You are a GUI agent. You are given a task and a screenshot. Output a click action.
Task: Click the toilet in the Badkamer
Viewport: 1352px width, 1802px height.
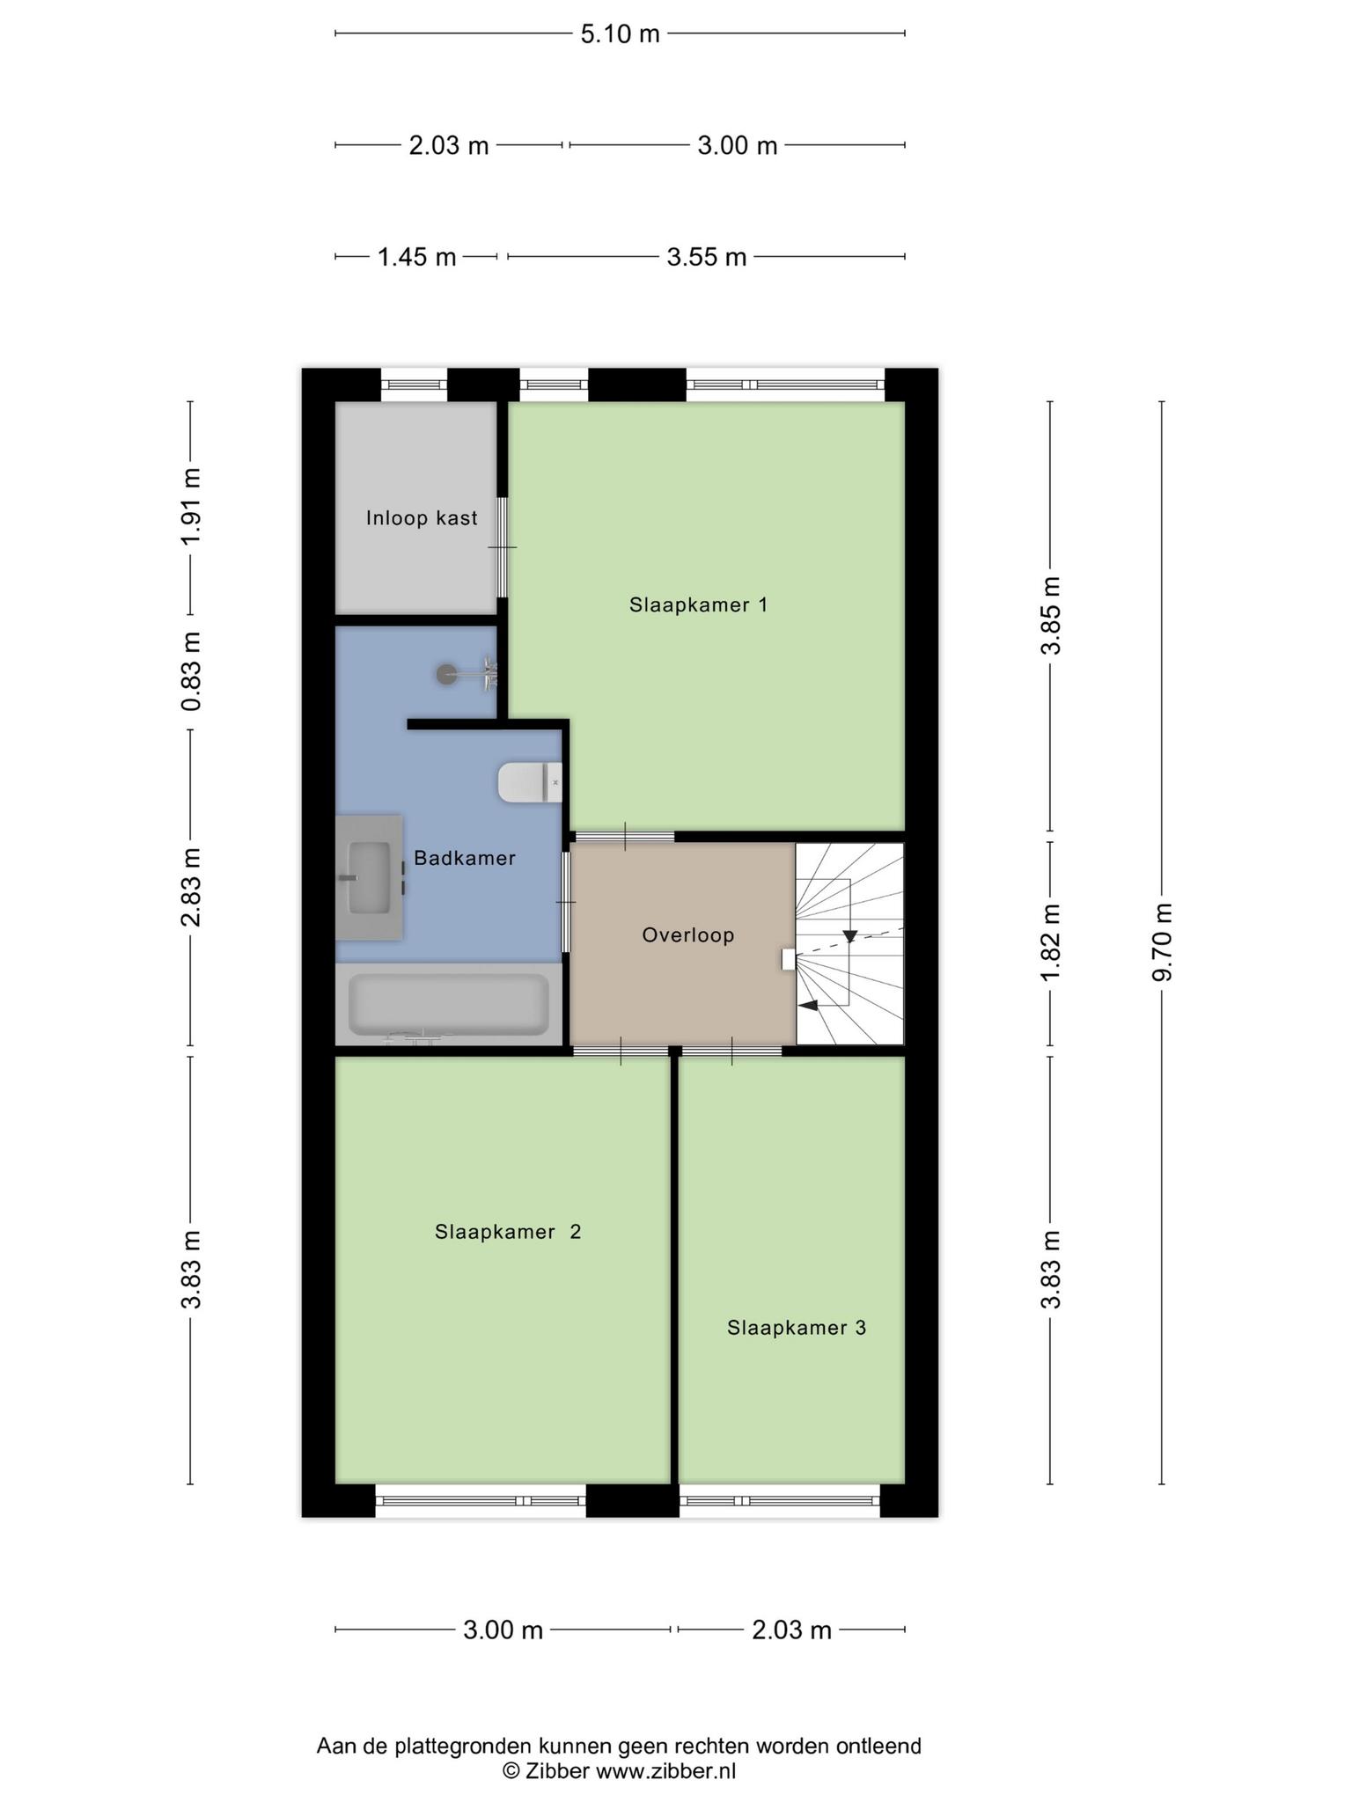[x=530, y=782]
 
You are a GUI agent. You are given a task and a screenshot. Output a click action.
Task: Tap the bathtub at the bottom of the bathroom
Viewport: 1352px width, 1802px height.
[x=449, y=1005]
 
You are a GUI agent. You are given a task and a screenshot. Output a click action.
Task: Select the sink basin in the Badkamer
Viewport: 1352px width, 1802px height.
[x=370, y=877]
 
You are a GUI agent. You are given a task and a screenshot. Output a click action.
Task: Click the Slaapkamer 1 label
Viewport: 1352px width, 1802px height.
[x=699, y=604]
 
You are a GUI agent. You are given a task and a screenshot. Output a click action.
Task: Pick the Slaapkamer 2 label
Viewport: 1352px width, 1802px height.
[x=508, y=1232]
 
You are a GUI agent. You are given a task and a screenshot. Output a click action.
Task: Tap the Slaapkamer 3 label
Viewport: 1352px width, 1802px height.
[x=797, y=1328]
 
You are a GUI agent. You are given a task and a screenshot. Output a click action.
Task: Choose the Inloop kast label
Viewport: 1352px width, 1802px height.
[x=422, y=518]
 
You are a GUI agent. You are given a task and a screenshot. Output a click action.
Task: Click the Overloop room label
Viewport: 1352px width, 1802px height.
[x=688, y=934]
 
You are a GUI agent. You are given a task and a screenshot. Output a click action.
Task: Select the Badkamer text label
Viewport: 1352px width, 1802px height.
[x=465, y=858]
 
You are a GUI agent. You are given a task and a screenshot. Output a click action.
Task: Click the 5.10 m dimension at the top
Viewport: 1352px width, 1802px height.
[x=620, y=34]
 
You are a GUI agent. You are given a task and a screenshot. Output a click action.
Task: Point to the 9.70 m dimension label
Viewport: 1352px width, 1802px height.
[x=1163, y=941]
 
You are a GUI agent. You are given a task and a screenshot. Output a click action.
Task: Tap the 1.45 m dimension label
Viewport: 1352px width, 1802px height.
[x=416, y=257]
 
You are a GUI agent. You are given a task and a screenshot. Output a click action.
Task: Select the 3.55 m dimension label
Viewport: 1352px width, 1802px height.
[x=706, y=257]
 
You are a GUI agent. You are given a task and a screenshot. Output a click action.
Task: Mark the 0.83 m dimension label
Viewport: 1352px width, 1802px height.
[x=191, y=671]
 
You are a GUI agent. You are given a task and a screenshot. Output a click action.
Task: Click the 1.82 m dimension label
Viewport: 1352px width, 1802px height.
[x=1051, y=941]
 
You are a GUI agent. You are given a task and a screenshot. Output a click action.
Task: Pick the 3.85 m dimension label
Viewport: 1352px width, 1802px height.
[x=1051, y=616]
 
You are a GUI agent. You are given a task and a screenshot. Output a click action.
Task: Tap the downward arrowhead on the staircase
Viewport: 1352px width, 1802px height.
[x=850, y=936]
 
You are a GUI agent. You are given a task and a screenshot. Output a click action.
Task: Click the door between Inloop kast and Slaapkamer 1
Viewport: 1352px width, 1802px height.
[x=503, y=547]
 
